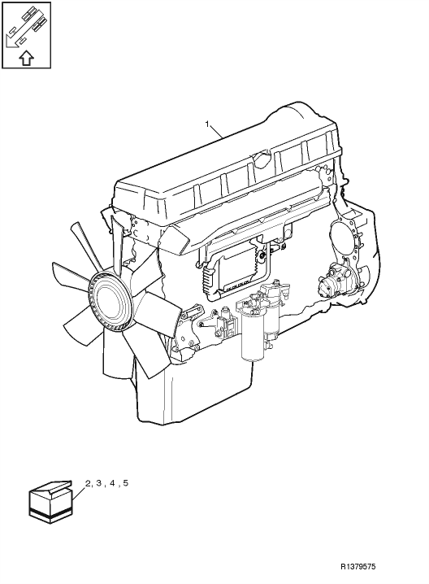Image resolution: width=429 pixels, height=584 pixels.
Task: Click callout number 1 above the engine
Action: (207, 124)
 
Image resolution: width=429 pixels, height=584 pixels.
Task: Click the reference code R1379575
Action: (358, 566)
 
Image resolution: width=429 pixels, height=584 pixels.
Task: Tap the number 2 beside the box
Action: (89, 483)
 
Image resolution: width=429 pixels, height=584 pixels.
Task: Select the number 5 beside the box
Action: (125, 483)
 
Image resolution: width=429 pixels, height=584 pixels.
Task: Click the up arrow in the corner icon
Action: (26, 59)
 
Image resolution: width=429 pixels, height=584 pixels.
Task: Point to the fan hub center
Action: (112, 300)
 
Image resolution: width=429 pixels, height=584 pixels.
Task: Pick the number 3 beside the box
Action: (98, 483)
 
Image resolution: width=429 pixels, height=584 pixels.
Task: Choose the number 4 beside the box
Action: (111, 483)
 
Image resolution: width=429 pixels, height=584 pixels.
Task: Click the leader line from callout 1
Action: (216, 133)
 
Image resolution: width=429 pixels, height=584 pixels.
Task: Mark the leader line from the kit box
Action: (79, 492)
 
